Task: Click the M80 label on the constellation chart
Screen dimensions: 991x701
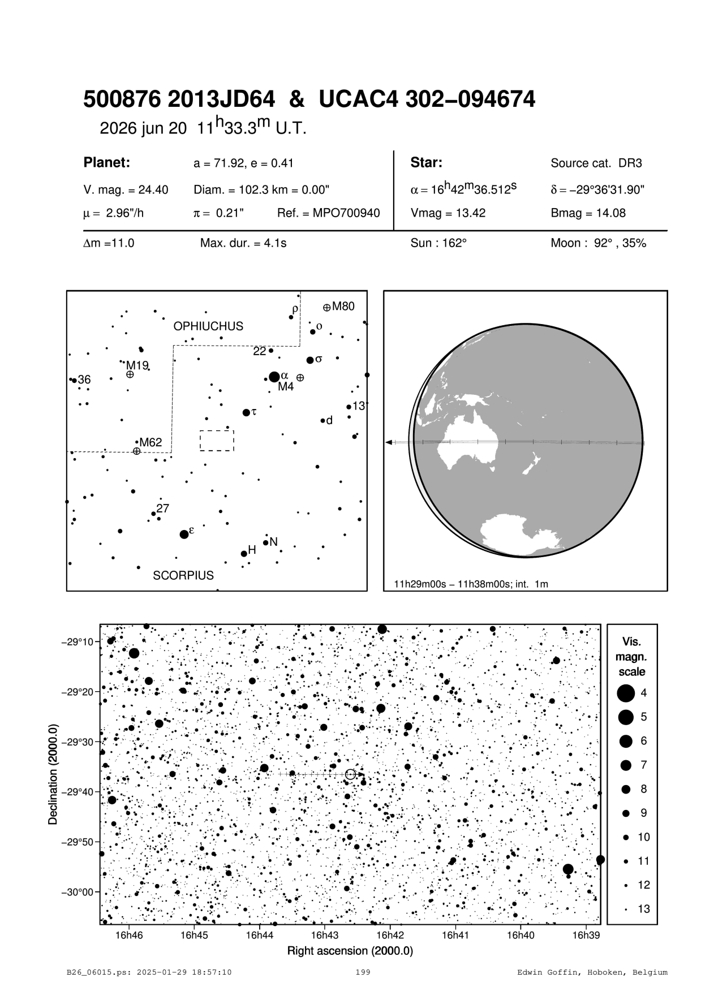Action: tap(343, 307)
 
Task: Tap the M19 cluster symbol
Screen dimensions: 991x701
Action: tap(130, 374)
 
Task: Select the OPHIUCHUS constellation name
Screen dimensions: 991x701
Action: tap(208, 326)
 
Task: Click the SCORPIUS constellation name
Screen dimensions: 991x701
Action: tap(183, 575)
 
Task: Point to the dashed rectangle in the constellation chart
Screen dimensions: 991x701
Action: tap(217, 441)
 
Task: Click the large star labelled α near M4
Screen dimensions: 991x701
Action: tap(274, 377)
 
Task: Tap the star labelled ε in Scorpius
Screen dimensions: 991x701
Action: tap(184, 535)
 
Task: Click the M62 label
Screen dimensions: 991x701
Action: tap(151, 442)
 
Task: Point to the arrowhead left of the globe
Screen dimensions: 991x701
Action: tap(389, 442)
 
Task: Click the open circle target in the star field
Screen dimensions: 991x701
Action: tap(350, 774)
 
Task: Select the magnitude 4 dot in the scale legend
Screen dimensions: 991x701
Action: tap(625, 692)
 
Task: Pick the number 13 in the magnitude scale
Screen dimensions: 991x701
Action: tap(644, 909)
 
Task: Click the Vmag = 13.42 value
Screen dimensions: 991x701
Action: tap(448, 213)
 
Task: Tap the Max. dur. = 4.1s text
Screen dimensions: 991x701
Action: tap(243, 244)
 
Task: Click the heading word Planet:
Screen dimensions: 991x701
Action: tap(107, 163)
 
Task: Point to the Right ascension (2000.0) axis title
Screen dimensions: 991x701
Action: tap(350, 951)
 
